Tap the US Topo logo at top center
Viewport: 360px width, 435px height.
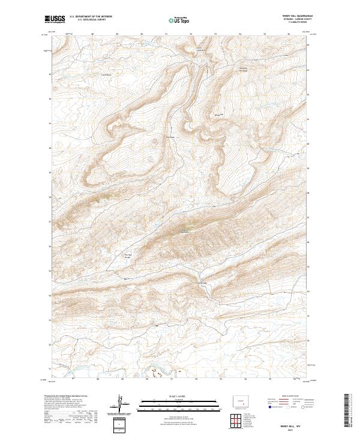tap(180, 20)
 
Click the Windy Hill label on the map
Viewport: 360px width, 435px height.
tap(218, 114)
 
